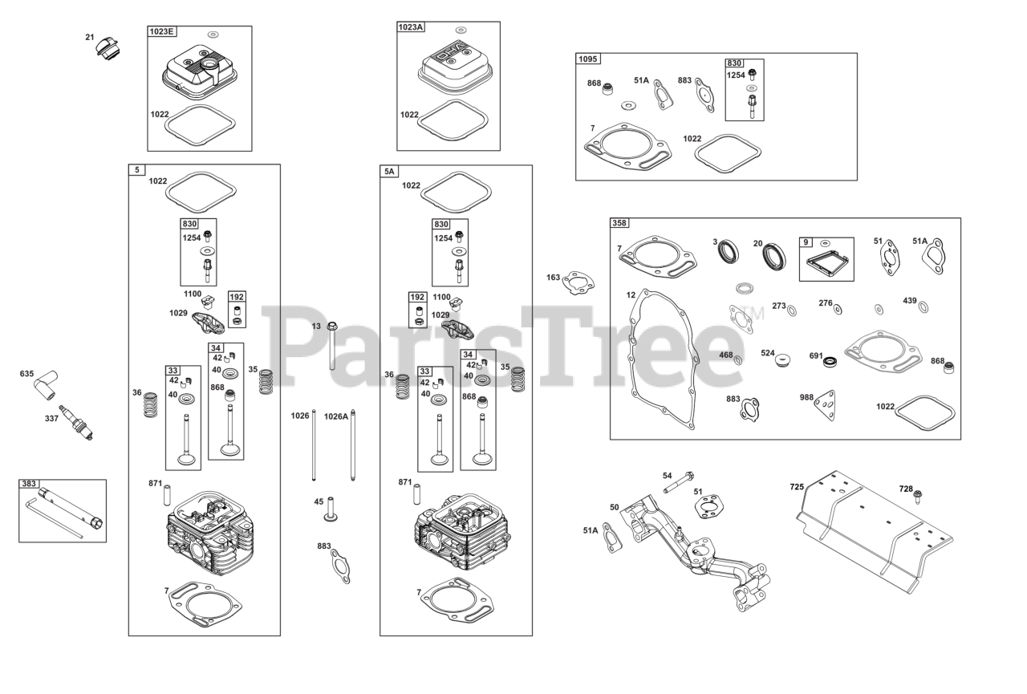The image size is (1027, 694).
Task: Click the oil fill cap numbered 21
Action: (x=106, y=51)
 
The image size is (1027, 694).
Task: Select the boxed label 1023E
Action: (x=161, y=32)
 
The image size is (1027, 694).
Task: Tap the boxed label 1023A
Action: (x=411, y=27)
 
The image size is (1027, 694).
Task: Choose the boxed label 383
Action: (x=29, y=485)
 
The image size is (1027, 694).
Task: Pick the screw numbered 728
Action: (x=918, y=497)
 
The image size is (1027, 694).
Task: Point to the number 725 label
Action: (x=796, y=487)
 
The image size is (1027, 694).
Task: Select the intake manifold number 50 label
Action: (x=615, y=507)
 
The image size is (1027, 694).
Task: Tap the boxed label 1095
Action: (x=588, y=59)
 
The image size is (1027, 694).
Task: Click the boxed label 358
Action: (x=619, y=223)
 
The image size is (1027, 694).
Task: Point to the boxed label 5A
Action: (x=389, y=171)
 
